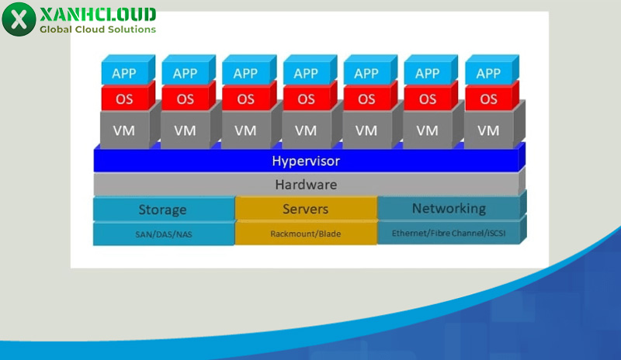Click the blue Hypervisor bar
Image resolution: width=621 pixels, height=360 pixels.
click(306, 161)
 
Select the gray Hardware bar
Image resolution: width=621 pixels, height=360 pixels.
click(306, 185)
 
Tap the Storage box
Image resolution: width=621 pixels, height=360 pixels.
click(163, 209)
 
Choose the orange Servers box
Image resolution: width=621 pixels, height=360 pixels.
click(305, 209)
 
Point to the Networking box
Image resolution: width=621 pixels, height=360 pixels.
click(449, 208)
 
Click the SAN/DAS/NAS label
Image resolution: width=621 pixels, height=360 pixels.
click(163, 234)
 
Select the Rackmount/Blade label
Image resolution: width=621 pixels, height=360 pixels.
click(305, 233)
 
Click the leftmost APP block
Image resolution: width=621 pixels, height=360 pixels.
click(124, 74)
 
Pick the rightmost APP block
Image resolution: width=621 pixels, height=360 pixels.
click(488, 74)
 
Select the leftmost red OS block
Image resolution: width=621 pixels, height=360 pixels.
click(124, 99)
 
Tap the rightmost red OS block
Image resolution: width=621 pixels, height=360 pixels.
click(488, 99)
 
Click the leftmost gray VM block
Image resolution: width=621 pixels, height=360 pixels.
click(124, 130)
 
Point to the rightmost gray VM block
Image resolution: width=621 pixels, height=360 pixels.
click(488, 130)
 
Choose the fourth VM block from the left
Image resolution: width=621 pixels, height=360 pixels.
click(306, 130)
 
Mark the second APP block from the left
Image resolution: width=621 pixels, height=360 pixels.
click(185, 74)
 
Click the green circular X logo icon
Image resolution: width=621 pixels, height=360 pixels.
click(19, 19)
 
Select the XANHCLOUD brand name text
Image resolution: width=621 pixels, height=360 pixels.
click(96, 14)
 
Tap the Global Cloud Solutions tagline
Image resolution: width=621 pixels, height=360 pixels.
click(97, 29)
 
